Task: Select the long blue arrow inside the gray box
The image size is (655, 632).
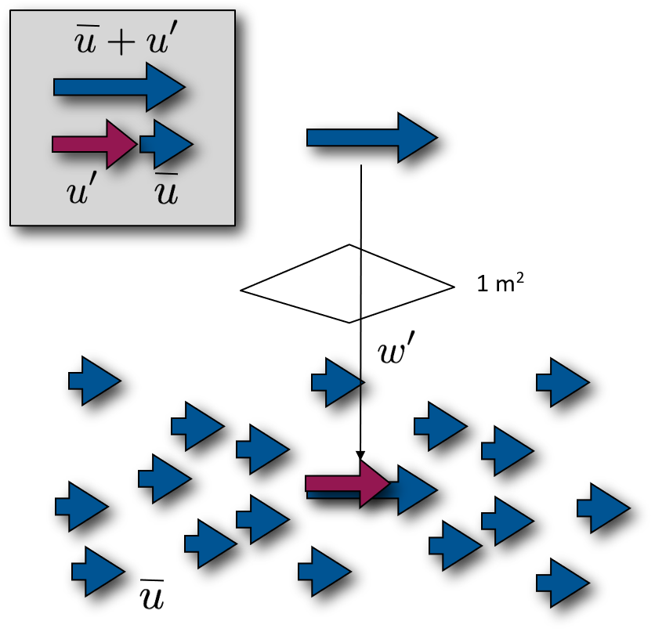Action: tap(118, 87)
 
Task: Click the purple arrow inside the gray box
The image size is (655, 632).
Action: tap(93, 144)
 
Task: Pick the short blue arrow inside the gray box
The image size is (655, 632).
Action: tap(166, 144)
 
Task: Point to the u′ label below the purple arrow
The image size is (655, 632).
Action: tap(81, 191)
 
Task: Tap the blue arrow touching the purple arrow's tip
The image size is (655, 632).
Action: tap(412, 490)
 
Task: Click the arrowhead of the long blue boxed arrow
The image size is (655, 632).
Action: tap(165, 87)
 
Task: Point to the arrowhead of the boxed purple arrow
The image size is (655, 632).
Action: tap(121, 144)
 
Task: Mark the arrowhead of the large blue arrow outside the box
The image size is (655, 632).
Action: tap(416, 138)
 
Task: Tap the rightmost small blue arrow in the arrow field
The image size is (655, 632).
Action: tap(603, 508)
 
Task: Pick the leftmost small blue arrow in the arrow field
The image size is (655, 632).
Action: tap(81, 507)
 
